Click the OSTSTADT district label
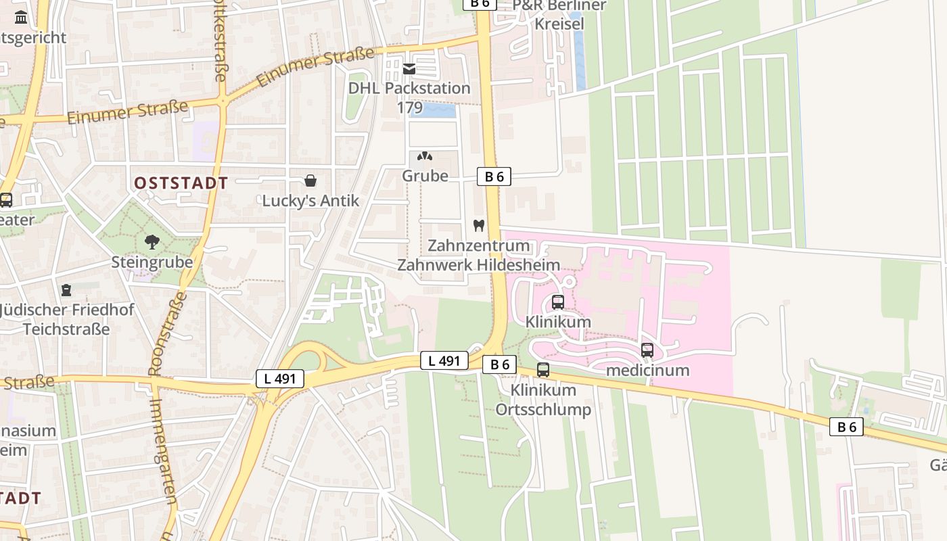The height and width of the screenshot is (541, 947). coord(181,183)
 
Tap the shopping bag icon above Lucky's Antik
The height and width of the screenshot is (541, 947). coord(310,181)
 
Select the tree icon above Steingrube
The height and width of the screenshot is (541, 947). coord(152,241)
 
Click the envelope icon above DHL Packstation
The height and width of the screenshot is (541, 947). coord(409,68)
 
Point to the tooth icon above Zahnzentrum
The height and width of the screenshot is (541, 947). coord(479,225)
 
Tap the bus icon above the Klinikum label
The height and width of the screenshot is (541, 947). coord(558,302)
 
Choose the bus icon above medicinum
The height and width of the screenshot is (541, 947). coord(647,350)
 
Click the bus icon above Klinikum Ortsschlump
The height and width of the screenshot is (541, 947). coord(543,370)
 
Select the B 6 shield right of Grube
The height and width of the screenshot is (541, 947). coord(494,177)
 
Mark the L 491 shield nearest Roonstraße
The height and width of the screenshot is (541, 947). coord(280,379)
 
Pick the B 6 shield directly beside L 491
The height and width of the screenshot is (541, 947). coord(499,364)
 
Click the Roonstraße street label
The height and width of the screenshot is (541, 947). coord(166,334)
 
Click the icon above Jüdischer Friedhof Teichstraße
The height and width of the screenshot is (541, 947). coord(66,290)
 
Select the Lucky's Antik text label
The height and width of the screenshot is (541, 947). coord(310,201)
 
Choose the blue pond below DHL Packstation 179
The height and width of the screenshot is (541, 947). coord(433,110)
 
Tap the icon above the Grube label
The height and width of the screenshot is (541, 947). coord(425,156)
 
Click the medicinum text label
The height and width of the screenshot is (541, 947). coord(647,370)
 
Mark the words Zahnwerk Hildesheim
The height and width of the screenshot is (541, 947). coord(478,264)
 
